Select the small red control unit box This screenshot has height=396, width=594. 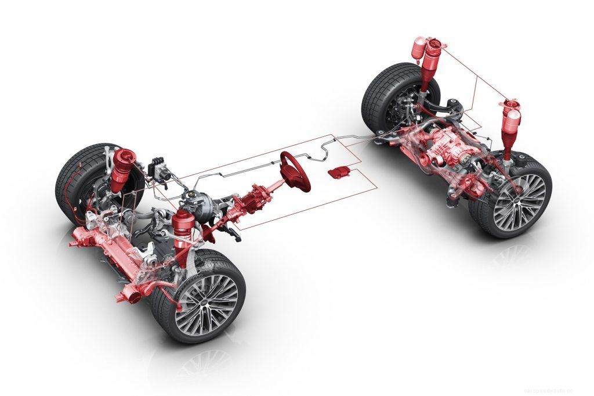(339, 171)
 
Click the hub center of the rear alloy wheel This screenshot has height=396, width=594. (520, 201)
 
